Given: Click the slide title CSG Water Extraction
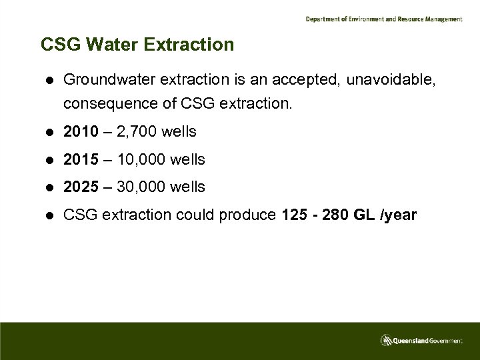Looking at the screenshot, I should click(137, 45).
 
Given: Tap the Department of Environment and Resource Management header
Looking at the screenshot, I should click(383, 19).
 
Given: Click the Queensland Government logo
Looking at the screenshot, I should click(421, 340).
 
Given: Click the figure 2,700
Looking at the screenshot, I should click(136, 132).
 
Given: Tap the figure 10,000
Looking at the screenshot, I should click(141, 160).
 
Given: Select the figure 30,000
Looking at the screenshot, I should click(141, 187).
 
